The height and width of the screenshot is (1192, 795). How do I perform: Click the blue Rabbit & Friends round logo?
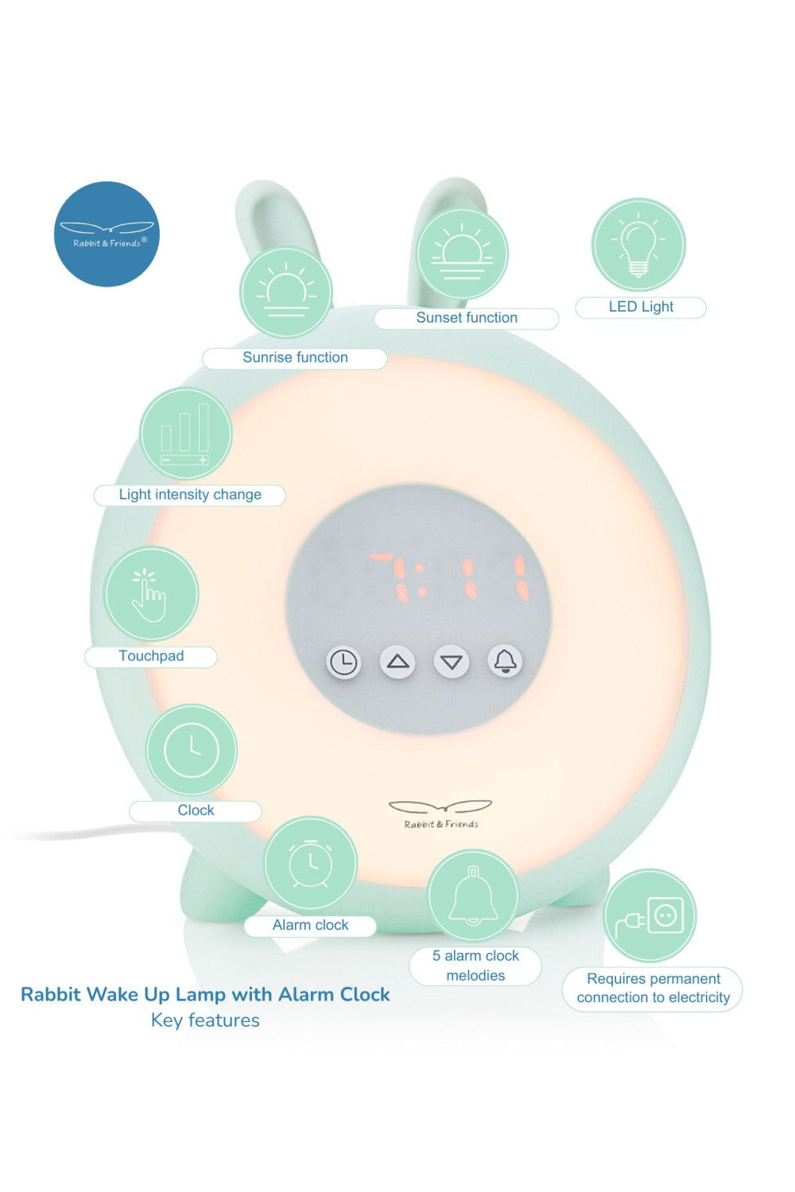pos(107,234)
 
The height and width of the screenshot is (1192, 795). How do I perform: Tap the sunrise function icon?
pos(286,292)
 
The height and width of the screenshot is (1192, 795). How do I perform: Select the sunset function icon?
pos(463,254)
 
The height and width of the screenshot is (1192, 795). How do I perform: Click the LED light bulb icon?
pos(638,245)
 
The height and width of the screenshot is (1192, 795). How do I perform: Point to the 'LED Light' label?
pos(641,308)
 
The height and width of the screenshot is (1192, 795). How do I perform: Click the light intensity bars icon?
pos(185,434)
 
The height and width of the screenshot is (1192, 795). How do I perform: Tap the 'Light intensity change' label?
pos(190,495)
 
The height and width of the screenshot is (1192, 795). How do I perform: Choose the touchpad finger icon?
pos(150,594)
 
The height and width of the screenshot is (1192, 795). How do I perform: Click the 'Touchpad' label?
pos(151,656)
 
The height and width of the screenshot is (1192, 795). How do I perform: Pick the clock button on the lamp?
pos(343,662)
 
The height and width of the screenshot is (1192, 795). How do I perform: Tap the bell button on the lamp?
pos(506,661)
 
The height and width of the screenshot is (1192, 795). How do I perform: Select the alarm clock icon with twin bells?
pos(311,864)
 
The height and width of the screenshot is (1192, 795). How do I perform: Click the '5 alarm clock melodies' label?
pos(475,966)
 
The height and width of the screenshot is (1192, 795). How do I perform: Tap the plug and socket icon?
pos(650,916)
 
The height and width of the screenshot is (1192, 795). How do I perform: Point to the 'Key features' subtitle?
pos(205,1020)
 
